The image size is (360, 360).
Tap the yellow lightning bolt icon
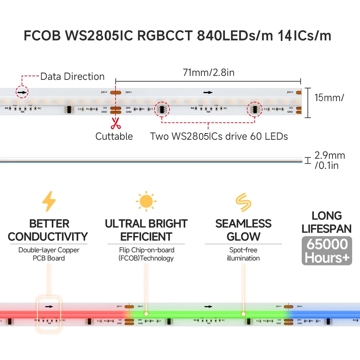pos(49,201)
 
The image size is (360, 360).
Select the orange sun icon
pos(146,201)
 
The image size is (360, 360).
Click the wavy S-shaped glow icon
pos(243,202)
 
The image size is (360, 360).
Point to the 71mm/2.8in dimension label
pos(208,72)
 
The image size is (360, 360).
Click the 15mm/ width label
pos(329,98)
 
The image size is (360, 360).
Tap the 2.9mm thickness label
pos(330,160)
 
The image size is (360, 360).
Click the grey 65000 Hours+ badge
pos(327,251)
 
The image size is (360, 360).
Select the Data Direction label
pos(72,77)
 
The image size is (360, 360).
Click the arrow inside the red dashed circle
pos(22,92)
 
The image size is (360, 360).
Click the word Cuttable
pos(114,136)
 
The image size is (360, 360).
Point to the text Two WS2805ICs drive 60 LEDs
pos(219,136)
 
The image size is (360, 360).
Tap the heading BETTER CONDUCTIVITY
pos(48,230)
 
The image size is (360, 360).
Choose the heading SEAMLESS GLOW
pos(243,230)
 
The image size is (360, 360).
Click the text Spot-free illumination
pos(243,254)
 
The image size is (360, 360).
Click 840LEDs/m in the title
pos(235,35)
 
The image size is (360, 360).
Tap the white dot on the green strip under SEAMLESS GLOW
pos(243,314)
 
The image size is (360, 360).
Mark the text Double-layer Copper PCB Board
pos(49,254)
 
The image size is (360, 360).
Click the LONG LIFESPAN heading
pos(327,222)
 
